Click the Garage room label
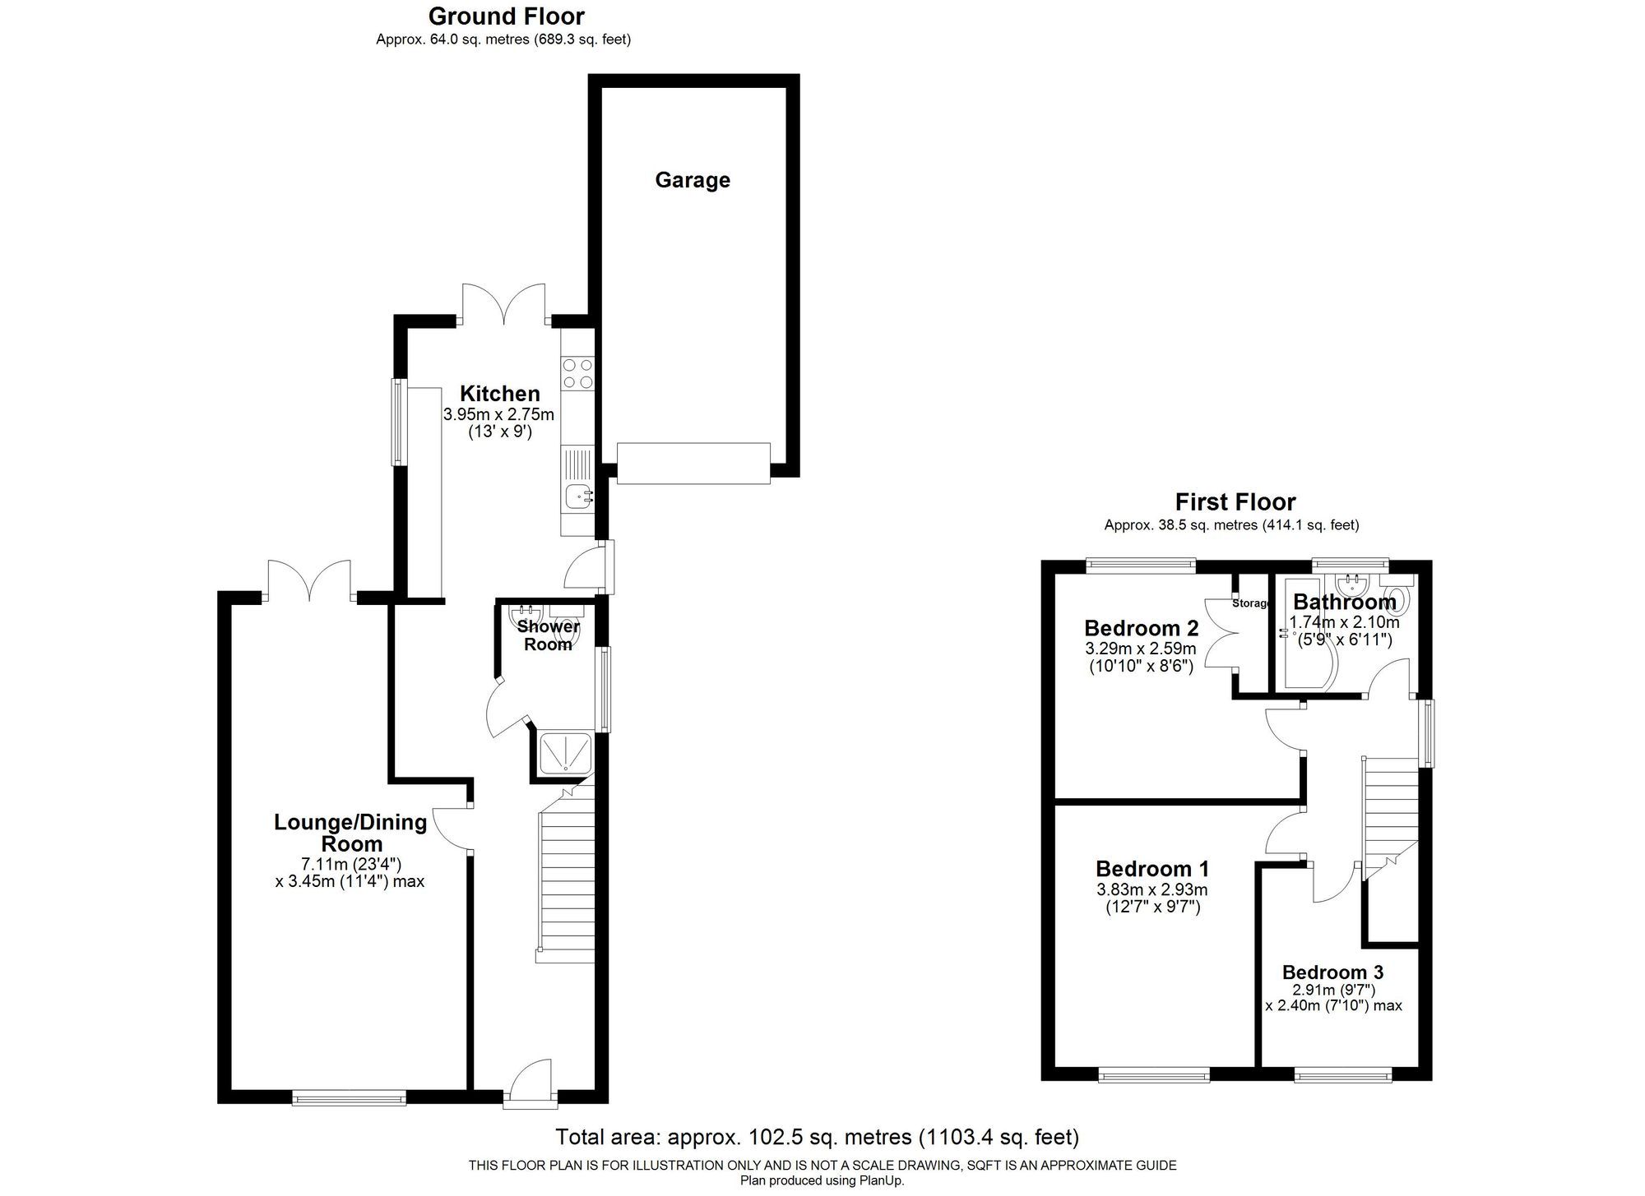pos(692,180)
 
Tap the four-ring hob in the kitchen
pos(577,373)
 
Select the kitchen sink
pos(578,495)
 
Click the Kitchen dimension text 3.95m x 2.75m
pos(498,414)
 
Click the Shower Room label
pos(548,635)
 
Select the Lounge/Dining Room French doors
pos(309,582)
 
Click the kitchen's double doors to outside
pos(503,304)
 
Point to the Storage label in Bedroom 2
pos(1251,603)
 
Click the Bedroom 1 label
pos(1151,869)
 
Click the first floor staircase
pos(1391,810)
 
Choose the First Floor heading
pos(1235,502)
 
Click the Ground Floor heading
pos(506,16)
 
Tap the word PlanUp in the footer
pos(881,1181)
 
